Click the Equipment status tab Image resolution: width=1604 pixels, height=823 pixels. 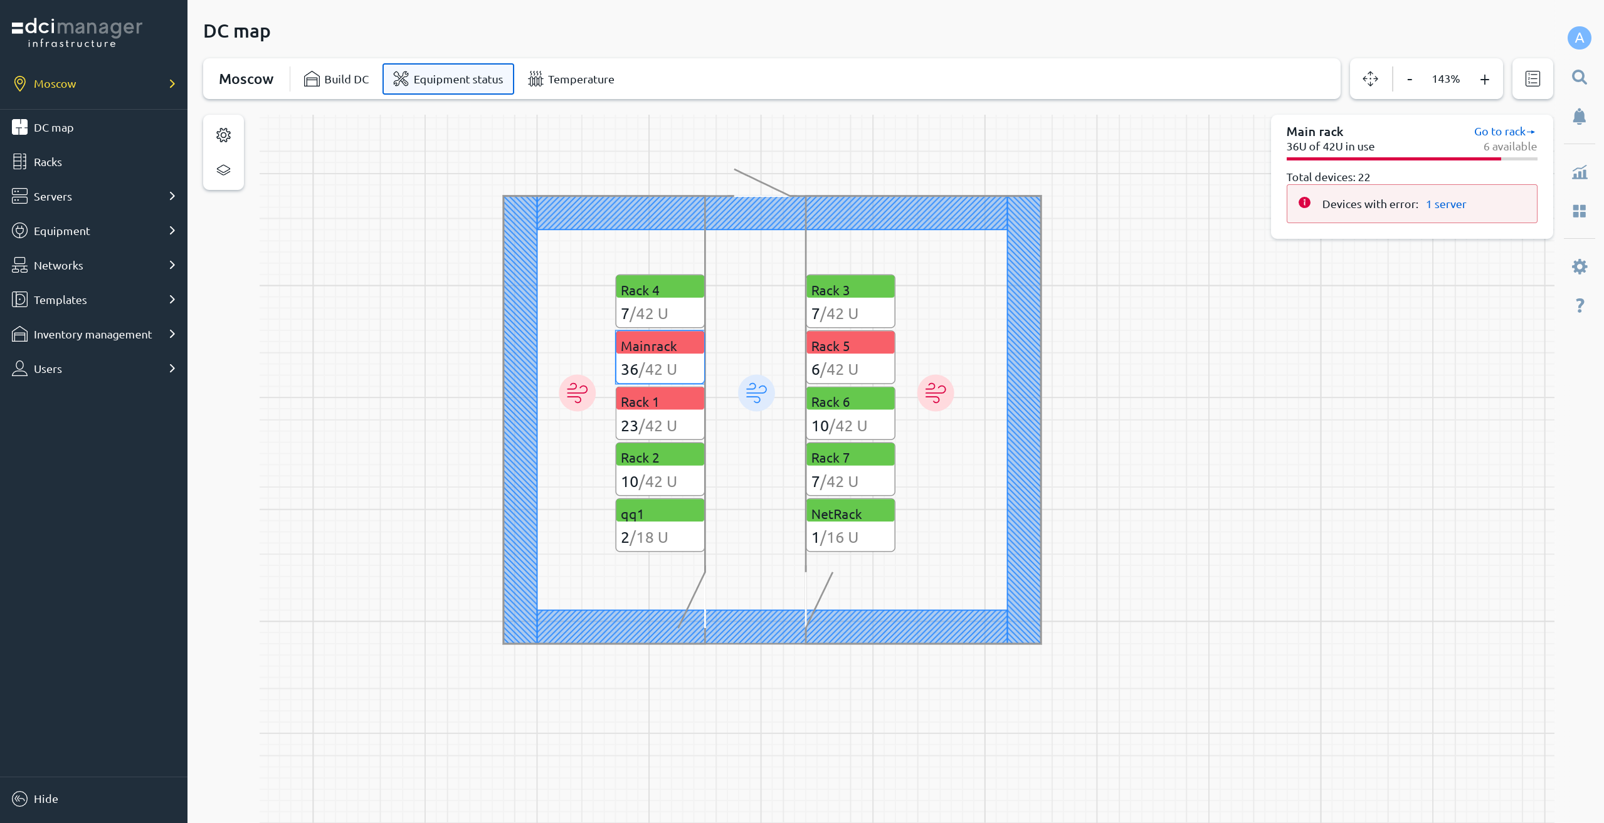tap(448, 79)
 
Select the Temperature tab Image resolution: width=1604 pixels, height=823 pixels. tap(571, 79)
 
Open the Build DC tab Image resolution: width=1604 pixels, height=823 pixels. tap(337, 79)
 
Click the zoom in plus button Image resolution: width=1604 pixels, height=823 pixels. tap(1484, 79)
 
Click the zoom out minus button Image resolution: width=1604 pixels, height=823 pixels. tap(1410, 79)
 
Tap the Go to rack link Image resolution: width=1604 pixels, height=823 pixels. tap(1504, 132)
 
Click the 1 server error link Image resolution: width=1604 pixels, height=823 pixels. tap(1446, 204)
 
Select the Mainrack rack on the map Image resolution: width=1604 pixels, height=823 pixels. tap(660, 357)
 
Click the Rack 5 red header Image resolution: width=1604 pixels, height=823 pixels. tap(850, 343)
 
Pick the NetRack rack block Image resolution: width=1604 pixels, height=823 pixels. tap(850, 525)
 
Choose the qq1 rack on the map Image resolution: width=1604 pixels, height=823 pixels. tap(660, 525)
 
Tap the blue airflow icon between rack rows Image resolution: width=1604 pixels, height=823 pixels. tap(756, 393)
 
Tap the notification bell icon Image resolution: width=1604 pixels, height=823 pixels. tap(1579, 117)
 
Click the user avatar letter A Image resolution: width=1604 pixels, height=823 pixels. tap(1579, 38)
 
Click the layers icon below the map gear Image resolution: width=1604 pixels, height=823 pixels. tap(223, 170)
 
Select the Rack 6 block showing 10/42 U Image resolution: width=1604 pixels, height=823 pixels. tap(850, 413)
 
